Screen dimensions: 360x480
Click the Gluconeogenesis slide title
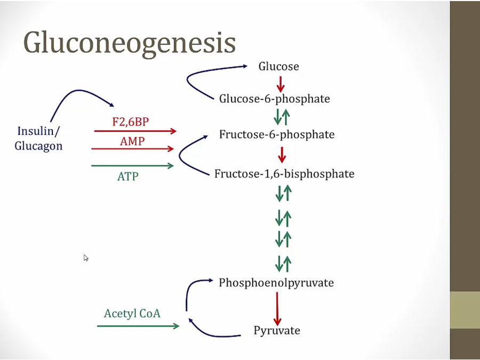[x=130, y=42]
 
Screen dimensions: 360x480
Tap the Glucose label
[x=278, y=67]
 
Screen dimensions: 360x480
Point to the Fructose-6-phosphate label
[x=276, y=134]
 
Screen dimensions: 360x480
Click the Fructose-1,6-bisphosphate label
[x=284, y=174]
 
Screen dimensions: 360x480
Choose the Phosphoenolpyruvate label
[x=276, y=283]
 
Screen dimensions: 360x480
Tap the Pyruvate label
[x=277, y=331]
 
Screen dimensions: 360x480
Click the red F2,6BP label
[x=131, y=122]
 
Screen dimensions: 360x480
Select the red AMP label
[x=132, y=141]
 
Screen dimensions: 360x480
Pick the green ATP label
[x=127, y=176]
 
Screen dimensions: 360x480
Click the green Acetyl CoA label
[x=132, y=313]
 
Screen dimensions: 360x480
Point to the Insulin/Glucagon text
[x=39, y=138]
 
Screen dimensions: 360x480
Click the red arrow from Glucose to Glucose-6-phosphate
[x=281, y=83]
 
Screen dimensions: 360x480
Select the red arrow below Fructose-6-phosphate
[x=282, y=154]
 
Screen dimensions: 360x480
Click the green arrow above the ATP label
[x=133, y=166]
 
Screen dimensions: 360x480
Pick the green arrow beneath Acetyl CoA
[x=138, y=325]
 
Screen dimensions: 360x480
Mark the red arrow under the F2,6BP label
[x=135, y=131]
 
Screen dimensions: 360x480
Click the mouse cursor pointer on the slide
[x=86, y=258]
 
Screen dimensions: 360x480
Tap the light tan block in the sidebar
[x=465, y=310]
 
